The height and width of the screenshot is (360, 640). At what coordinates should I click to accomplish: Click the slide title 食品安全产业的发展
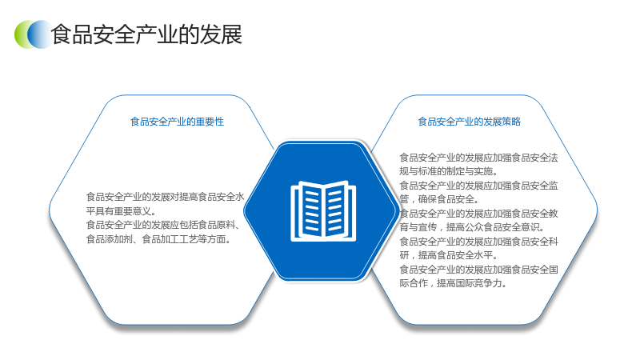(x=146, y=34)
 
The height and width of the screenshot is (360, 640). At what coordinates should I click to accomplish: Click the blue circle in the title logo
(x=40, y=34)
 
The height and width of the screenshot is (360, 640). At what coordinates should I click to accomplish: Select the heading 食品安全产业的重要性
(x=177, y=122)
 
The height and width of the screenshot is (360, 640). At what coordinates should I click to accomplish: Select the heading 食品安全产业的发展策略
(x=470, y=122)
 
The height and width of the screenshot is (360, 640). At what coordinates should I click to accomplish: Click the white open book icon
(x=323, y=211)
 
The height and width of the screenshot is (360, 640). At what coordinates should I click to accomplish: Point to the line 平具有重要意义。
(x=122, y=211)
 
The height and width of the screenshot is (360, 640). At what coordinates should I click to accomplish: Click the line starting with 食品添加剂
(x=158, y=239)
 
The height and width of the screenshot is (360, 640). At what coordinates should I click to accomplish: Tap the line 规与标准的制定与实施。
(x=448, y=171)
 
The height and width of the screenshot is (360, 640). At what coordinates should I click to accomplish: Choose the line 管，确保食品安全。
(x=439, y=199)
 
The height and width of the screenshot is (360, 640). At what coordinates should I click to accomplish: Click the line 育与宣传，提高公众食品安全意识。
(x=472, y=227)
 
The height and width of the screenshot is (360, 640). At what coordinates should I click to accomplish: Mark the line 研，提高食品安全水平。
(x=449, y=255)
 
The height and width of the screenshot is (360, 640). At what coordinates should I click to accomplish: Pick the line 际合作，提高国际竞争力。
(x=453, y=283)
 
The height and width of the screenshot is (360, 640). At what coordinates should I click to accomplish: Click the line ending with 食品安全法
(x=478, y=158)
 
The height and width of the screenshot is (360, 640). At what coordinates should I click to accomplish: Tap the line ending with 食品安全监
(x=478, y=186)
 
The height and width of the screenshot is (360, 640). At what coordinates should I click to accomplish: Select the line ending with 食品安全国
(x=478, y=270)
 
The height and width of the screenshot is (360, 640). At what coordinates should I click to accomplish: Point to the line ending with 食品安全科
(x=478, y=242)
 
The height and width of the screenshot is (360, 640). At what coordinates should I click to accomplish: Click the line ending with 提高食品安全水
(x=166, y=197)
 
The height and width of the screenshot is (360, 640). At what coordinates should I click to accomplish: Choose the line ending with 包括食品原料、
(x=163, y=225)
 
